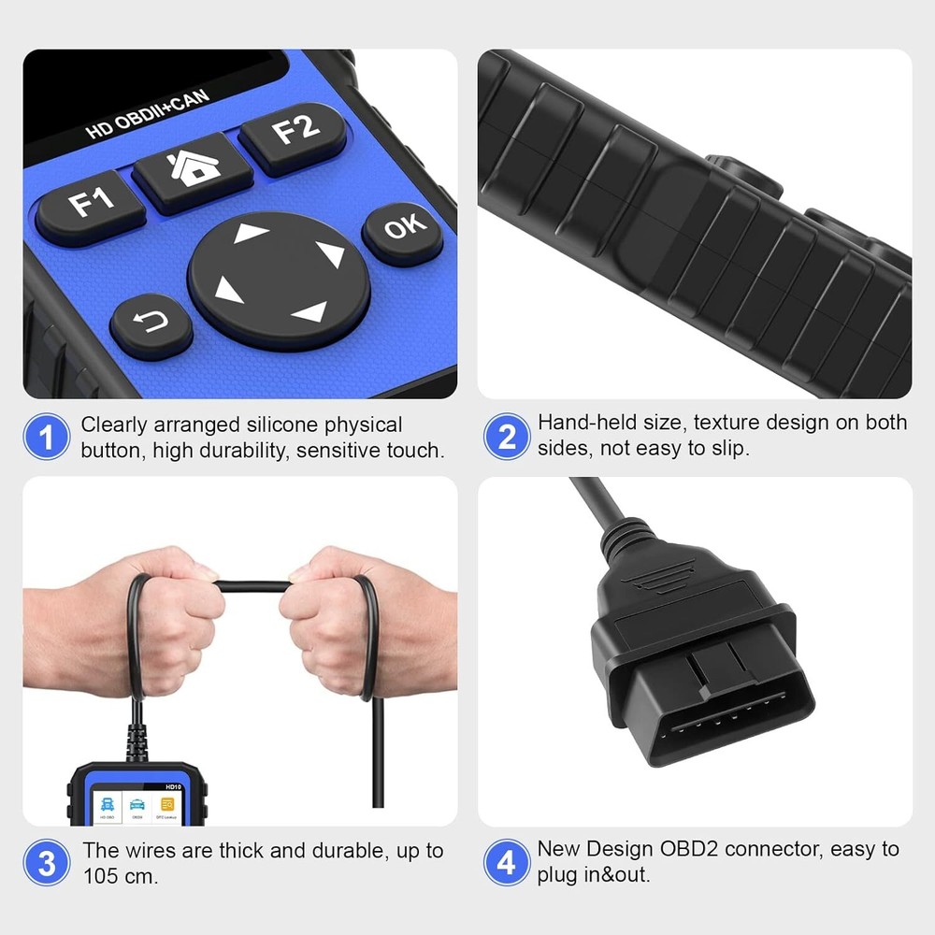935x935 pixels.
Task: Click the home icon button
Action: tap(194, 169)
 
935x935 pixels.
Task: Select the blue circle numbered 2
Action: tap(507, 437)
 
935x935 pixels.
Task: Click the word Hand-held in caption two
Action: tap(572, 424)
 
